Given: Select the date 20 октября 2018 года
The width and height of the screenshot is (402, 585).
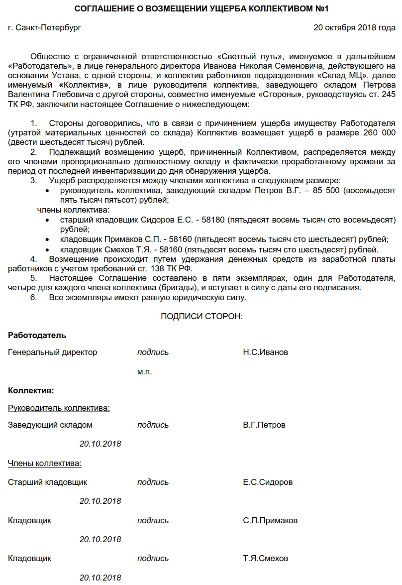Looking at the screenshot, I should click(x=354, y=28).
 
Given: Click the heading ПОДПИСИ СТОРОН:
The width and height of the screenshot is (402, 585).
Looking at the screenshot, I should click(x=201, y=317).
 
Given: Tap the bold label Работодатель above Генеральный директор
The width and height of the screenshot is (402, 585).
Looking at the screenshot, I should click(x=37, y=336).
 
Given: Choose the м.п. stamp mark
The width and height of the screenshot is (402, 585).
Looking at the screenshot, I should click(x=144, y=372).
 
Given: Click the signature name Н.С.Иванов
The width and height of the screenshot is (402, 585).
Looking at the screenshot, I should click(x=265, y=352).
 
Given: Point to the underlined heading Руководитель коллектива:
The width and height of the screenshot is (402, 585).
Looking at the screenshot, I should click(x=59, y=408).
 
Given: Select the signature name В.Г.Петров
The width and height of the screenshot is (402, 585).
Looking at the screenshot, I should click(x=264, y=425).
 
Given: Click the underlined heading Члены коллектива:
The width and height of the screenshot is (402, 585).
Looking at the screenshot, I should click(x=45, y=464).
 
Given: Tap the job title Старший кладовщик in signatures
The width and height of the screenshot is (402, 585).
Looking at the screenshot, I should click(x=48, y=482).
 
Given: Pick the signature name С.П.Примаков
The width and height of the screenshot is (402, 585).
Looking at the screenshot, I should click(x=270, y=521).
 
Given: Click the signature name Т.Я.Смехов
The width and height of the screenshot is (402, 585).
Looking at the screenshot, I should click(x=265, y=559).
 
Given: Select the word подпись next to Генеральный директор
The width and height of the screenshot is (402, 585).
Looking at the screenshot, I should click(x=153, y=352).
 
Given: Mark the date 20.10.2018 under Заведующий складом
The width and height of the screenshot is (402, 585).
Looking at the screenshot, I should click(x=100, y=444).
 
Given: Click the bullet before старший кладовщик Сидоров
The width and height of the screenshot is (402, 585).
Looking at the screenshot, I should click(x=47, y=220).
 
